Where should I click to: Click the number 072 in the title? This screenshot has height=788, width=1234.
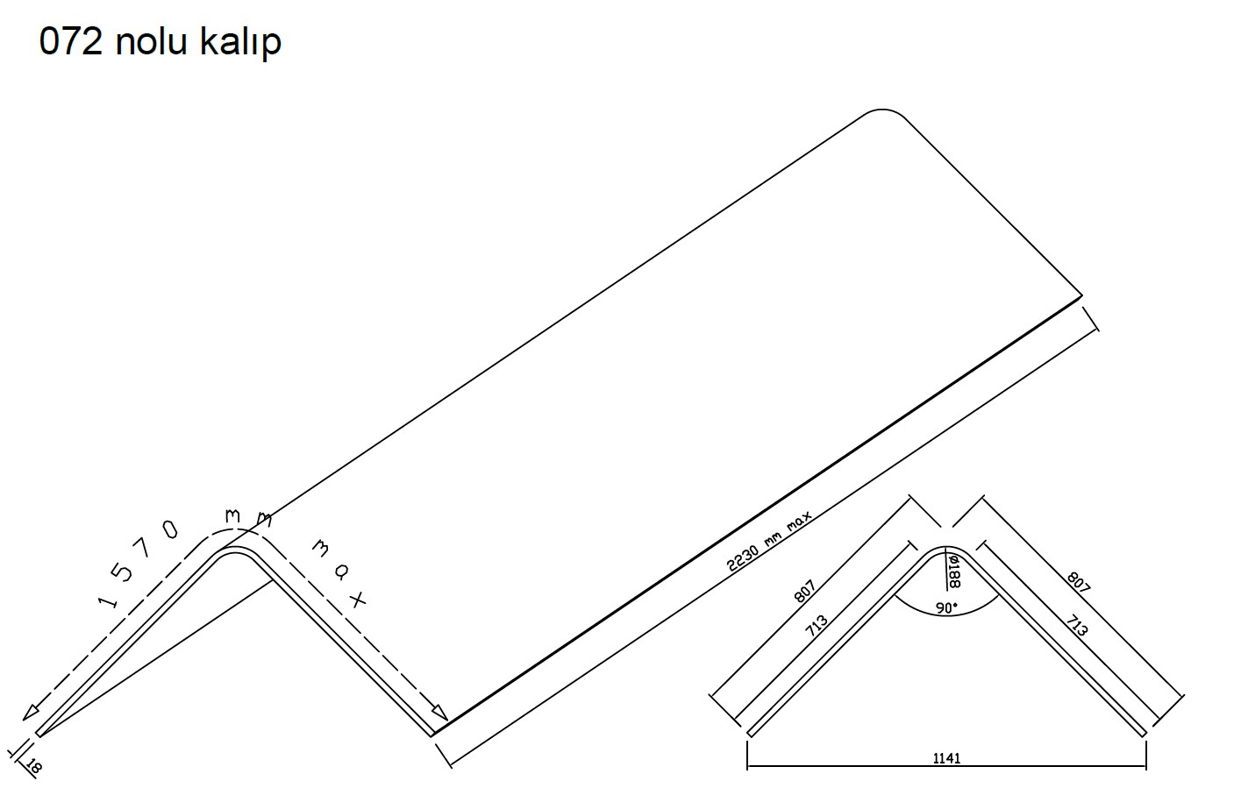71,42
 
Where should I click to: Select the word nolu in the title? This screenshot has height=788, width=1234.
152,42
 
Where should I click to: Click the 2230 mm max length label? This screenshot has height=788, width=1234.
769,541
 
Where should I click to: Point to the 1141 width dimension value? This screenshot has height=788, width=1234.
946,758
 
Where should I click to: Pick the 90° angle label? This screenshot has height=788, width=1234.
946,607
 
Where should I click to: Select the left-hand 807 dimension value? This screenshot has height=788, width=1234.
805,592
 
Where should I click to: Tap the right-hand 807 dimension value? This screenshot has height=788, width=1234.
1078,582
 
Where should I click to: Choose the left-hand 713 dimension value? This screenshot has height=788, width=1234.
816,625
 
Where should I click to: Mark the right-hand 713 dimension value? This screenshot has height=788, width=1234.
1076,625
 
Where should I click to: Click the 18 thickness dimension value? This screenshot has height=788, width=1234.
34,767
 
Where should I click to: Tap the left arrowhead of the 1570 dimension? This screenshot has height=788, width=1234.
30,712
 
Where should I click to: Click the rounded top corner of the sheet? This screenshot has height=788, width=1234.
881,112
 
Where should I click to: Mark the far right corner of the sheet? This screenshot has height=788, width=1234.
1081,296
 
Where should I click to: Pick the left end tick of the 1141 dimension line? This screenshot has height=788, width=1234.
747,753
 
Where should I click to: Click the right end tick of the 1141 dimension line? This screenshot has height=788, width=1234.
1146,753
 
